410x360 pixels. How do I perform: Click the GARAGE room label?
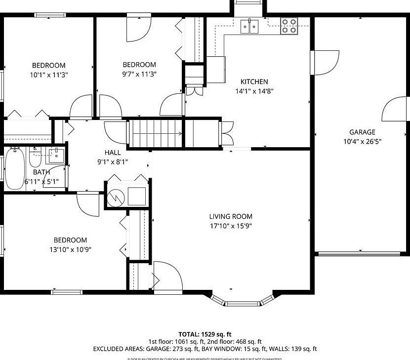(x=362, y=132)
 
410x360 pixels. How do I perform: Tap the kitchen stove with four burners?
(x=289, y=26)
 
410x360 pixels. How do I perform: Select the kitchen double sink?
(x=250, y=26)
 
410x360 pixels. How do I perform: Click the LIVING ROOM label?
(x=231, y=216)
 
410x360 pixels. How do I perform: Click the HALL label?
(x=112, y=153)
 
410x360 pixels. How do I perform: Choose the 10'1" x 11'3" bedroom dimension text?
(x=48, y=75)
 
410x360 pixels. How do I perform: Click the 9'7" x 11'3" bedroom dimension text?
(x=139, y=74)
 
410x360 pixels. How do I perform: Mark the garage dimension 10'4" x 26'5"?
(x=362, y=141)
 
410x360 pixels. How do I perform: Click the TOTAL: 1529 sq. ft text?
(x=205, y=334)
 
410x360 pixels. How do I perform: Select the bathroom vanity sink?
(x=56, y=156)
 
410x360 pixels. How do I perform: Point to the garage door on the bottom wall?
(x=358, y=254)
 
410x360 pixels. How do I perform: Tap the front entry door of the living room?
(x=162, y=277)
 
